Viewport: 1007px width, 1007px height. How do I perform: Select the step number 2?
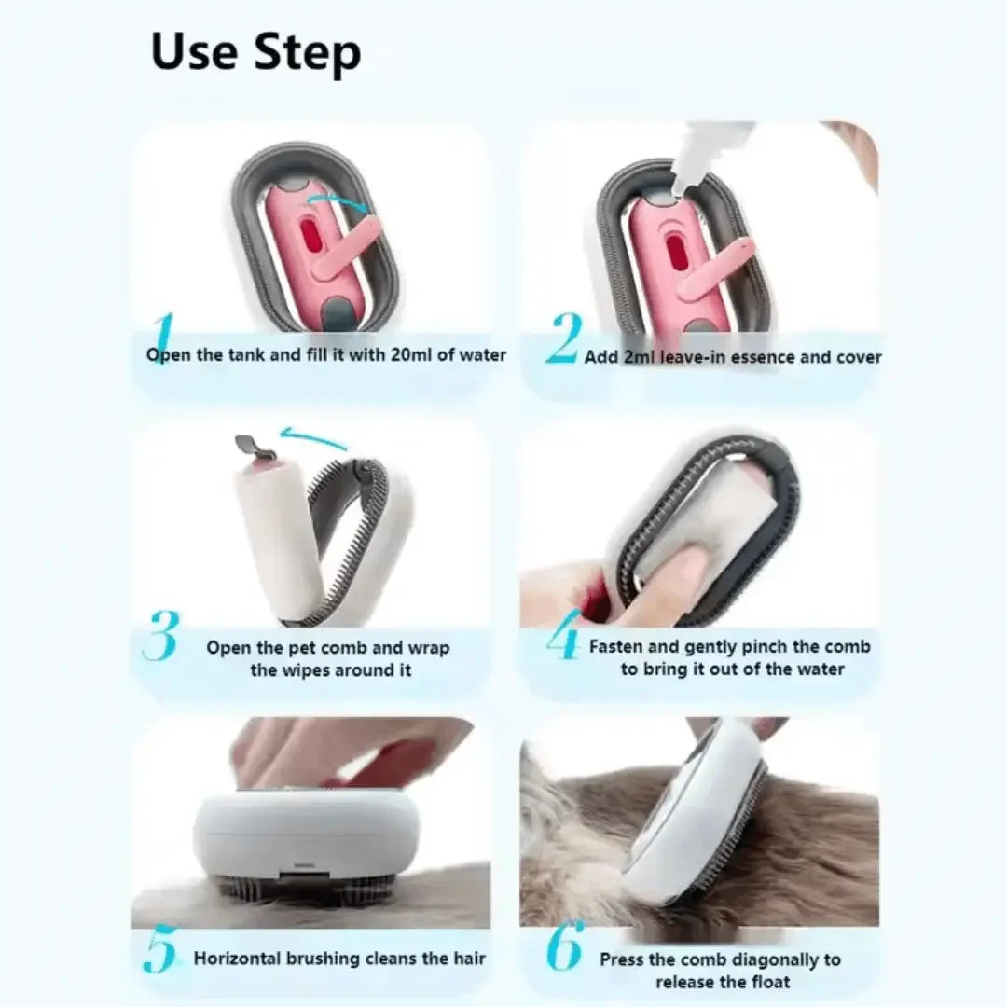pyautogui.click(x=563, y=339)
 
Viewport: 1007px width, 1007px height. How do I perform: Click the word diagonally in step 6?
pyautogui.click(x=778, y=959)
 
